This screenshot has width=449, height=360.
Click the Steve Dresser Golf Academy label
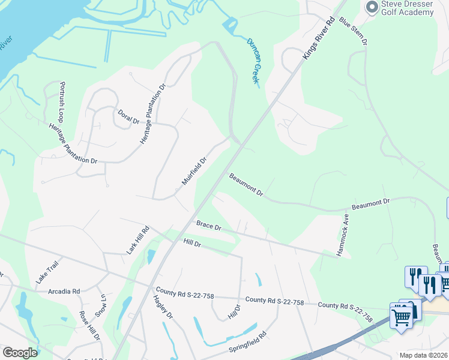408,8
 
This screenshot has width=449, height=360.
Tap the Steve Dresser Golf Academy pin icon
372,6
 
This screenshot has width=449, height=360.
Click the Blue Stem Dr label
353,31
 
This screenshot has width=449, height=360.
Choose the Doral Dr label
128,116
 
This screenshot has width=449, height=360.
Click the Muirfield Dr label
194,171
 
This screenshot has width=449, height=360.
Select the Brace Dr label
209,227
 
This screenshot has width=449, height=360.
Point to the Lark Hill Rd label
137,241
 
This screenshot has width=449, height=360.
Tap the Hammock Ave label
343,235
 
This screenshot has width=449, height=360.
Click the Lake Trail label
47,272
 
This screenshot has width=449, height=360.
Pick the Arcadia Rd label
64,292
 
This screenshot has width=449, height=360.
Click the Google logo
20,353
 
